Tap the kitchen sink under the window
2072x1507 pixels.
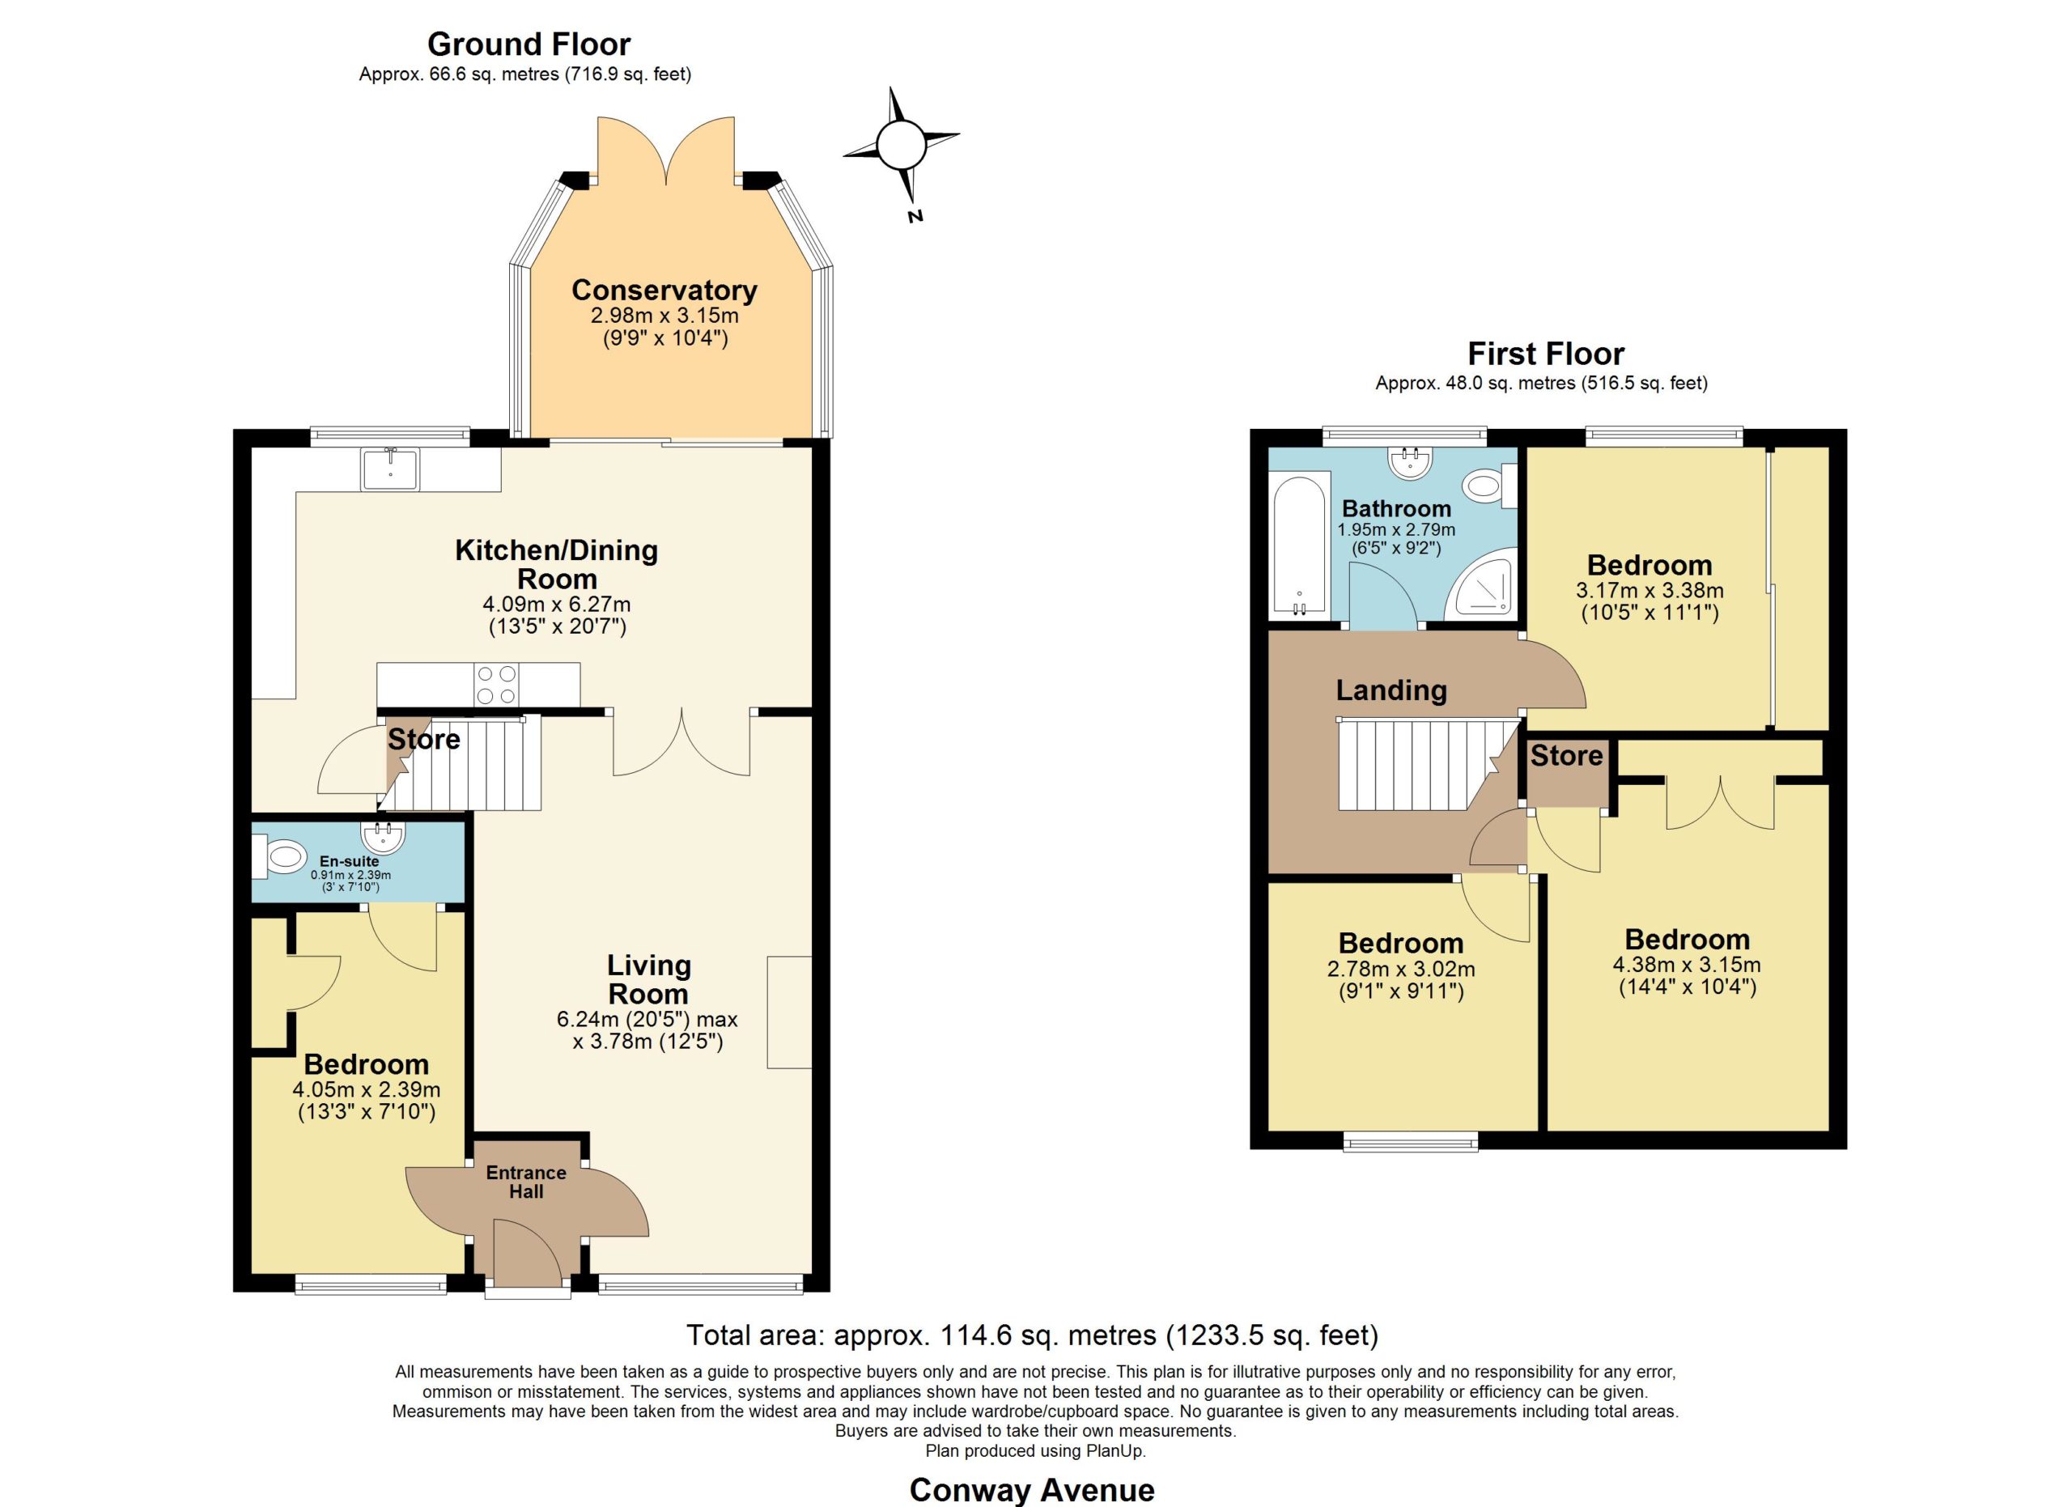tap(390, 469)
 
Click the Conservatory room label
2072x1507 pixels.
tap(664, 290)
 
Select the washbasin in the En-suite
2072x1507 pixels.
tap(383, 834)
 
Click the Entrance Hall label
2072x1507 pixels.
tap(526, 1182)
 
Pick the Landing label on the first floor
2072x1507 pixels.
tap(1391, 690)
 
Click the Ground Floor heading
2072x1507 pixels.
tap(529, 44)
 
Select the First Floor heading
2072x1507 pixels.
tap(1546, 354)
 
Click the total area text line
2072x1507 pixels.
tap(1032, 1335)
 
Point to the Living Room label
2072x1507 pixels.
tap(648, 979)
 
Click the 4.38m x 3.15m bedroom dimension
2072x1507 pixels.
tap(1688, 965)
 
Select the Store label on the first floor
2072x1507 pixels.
tap(1566, 755)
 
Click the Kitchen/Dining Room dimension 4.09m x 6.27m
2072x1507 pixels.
tap(556, 605)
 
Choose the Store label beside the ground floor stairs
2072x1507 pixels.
tap(424, 739)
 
